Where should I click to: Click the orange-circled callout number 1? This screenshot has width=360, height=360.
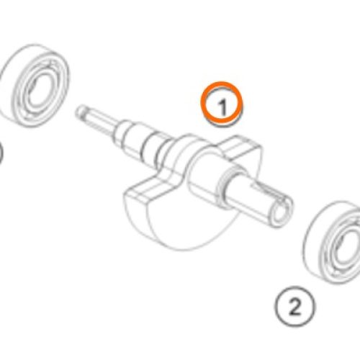222,104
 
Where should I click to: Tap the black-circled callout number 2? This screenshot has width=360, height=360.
294,306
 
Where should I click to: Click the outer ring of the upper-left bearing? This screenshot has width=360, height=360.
9,72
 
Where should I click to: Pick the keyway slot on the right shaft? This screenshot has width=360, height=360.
266,190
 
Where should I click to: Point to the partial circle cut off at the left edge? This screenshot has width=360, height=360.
1,153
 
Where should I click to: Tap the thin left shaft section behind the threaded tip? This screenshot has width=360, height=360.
101,121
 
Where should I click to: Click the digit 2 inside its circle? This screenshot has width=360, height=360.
294,307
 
